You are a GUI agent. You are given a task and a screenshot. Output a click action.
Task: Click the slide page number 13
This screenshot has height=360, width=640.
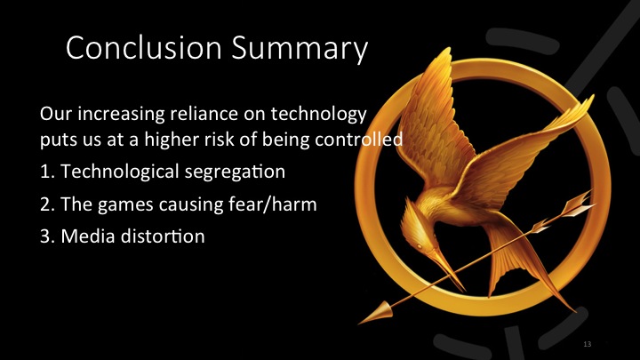(x=588, y=343)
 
